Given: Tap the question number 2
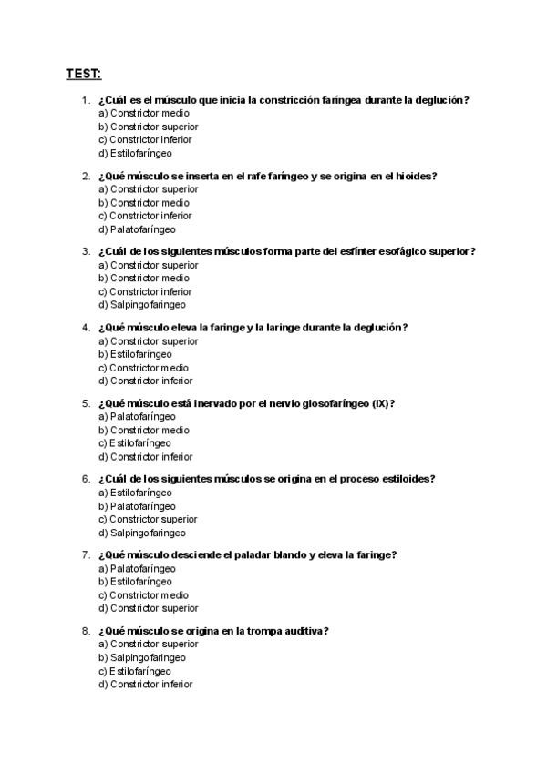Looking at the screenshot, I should pyautogui.click(x=86, y=176).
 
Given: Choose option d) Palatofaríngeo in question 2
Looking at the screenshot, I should pyautogui.click(x=137, y=229).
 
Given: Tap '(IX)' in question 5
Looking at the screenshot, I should pyautogui.click(x=383, y=403).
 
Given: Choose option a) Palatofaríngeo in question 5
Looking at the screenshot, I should pyautogui.click(x=137, y=416).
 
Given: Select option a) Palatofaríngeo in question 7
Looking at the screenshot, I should pyautogui.click(x=137, y=568).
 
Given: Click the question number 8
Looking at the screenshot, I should pyautogui.click(x=86, y=630).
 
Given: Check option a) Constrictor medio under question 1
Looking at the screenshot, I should pyautogui.click(x=144, y=113).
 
